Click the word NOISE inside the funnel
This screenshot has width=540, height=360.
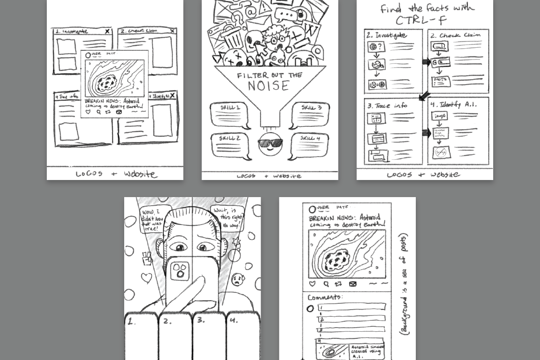click(270, 85)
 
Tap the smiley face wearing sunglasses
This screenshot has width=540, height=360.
click(270, 144)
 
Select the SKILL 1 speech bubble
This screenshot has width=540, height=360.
click(230, 116)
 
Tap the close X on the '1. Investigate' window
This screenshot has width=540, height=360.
click(107, 31)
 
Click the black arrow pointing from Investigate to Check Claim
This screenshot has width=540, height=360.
click(426, 62)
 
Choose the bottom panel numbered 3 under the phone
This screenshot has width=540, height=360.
click(209, 337)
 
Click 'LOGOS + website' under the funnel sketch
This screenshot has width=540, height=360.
click(270, 176)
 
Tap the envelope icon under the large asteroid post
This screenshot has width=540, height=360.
click(353, 284)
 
